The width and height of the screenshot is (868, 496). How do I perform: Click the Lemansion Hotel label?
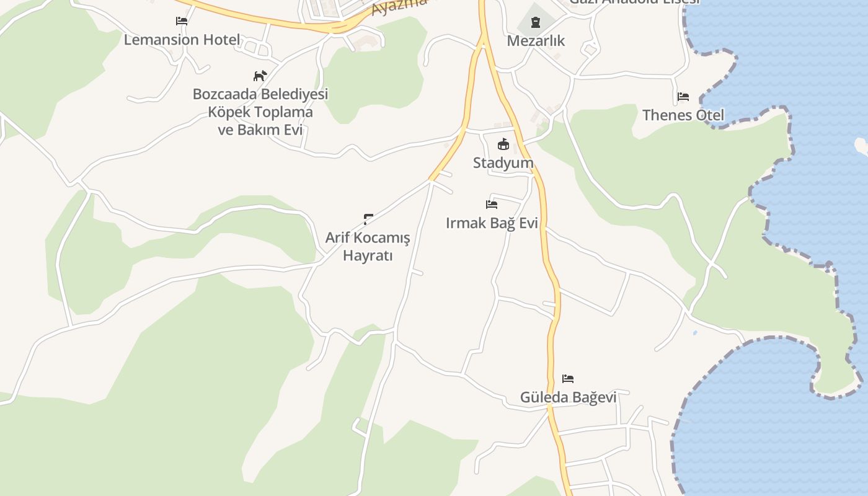pos(182,40)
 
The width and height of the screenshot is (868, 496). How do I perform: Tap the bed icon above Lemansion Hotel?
pos(182,21)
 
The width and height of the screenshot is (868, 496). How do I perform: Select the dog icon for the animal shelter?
pos(260,76)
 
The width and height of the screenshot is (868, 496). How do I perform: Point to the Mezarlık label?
pos(536,41)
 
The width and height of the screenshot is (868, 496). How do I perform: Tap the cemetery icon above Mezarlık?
pos(536,22)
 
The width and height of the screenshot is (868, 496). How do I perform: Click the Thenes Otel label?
pos(683,115)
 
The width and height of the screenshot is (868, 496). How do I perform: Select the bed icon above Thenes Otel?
pos(683,97)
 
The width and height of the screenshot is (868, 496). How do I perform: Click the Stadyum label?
pos(503,163)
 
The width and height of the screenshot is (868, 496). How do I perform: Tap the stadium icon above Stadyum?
pos(503,144)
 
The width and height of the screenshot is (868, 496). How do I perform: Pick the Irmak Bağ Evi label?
pos(492,223)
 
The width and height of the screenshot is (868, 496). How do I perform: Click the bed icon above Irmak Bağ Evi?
pos(492,204)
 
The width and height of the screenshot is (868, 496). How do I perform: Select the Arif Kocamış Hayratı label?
pos(368,246)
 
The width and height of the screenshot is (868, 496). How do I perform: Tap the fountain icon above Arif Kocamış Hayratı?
pos(368,218)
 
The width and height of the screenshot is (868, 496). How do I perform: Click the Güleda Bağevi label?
pos(568,397)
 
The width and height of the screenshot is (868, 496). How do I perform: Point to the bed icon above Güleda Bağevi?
pos(568,378)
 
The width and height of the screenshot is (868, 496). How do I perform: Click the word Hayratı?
pos(368,255)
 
